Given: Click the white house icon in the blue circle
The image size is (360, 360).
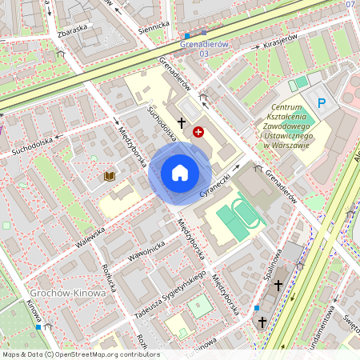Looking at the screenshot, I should pos(179,172).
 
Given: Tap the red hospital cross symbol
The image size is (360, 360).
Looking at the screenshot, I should pos(198,131).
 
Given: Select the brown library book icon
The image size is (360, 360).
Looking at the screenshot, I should pos(108,174).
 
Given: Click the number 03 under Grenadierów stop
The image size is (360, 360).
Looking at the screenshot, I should pos(204,53).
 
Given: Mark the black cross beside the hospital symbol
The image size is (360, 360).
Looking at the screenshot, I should pos(182,123).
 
